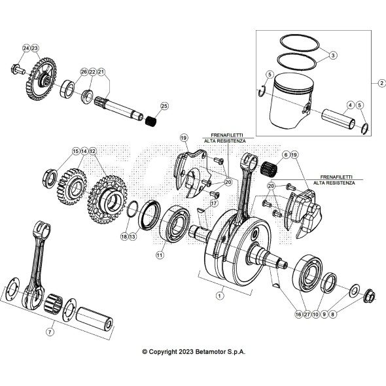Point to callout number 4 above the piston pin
(350, 105)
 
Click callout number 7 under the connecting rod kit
(50, 332)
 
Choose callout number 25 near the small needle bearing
(164, 105)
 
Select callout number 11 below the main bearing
(159, 255)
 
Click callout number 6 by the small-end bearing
(285, 155)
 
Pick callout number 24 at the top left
(26, 48)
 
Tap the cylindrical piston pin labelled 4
(338, 119)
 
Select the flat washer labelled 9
(355, 290)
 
